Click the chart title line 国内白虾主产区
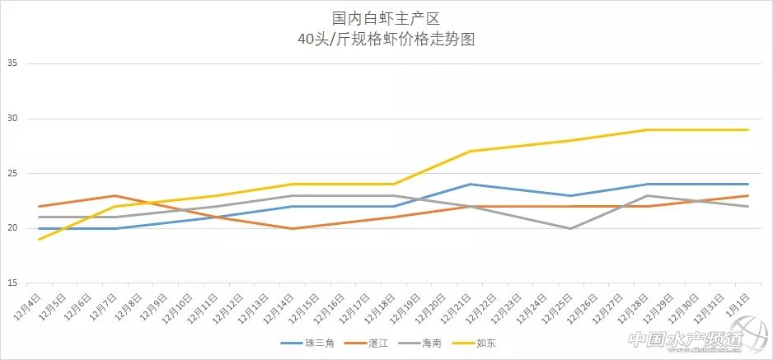386,17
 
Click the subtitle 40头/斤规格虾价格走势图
386,39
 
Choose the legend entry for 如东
485,343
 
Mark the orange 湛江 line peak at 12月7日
115,196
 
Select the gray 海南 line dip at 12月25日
571,228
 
